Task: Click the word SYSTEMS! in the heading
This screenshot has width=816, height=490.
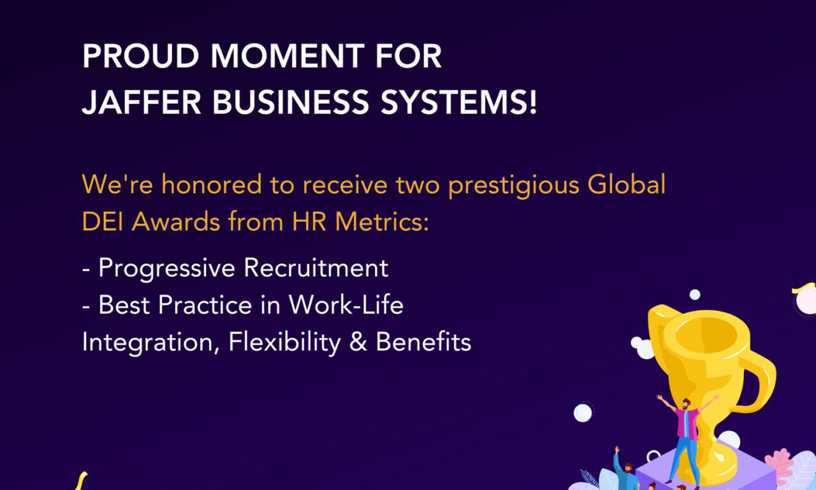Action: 454,102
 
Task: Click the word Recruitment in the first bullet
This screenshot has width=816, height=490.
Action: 316,268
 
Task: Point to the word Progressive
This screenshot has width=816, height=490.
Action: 167,268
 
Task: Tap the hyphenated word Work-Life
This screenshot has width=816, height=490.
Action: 346,305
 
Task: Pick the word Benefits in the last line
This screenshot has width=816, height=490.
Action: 423,343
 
